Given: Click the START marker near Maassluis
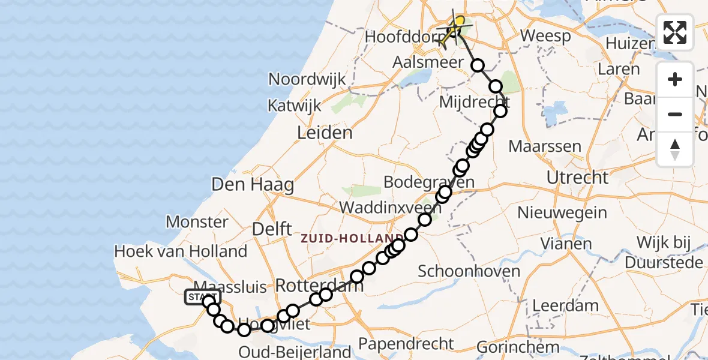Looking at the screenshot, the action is pos(203,297).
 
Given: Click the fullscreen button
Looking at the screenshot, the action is pos(675,32).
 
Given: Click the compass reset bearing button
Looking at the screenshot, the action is pos(675,149).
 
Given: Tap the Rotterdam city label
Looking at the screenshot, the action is pos(319,286).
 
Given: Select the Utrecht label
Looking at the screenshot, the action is pos(578,178).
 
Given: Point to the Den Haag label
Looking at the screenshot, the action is pos(253,185).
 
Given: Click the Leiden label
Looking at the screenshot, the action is pos(325,133).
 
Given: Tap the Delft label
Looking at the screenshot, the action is pos(272,229).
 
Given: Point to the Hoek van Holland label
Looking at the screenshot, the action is pos(181,251).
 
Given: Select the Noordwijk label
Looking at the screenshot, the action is pos(307,79).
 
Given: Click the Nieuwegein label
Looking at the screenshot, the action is pos(562,212).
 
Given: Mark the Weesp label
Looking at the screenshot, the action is pos(545,36).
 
